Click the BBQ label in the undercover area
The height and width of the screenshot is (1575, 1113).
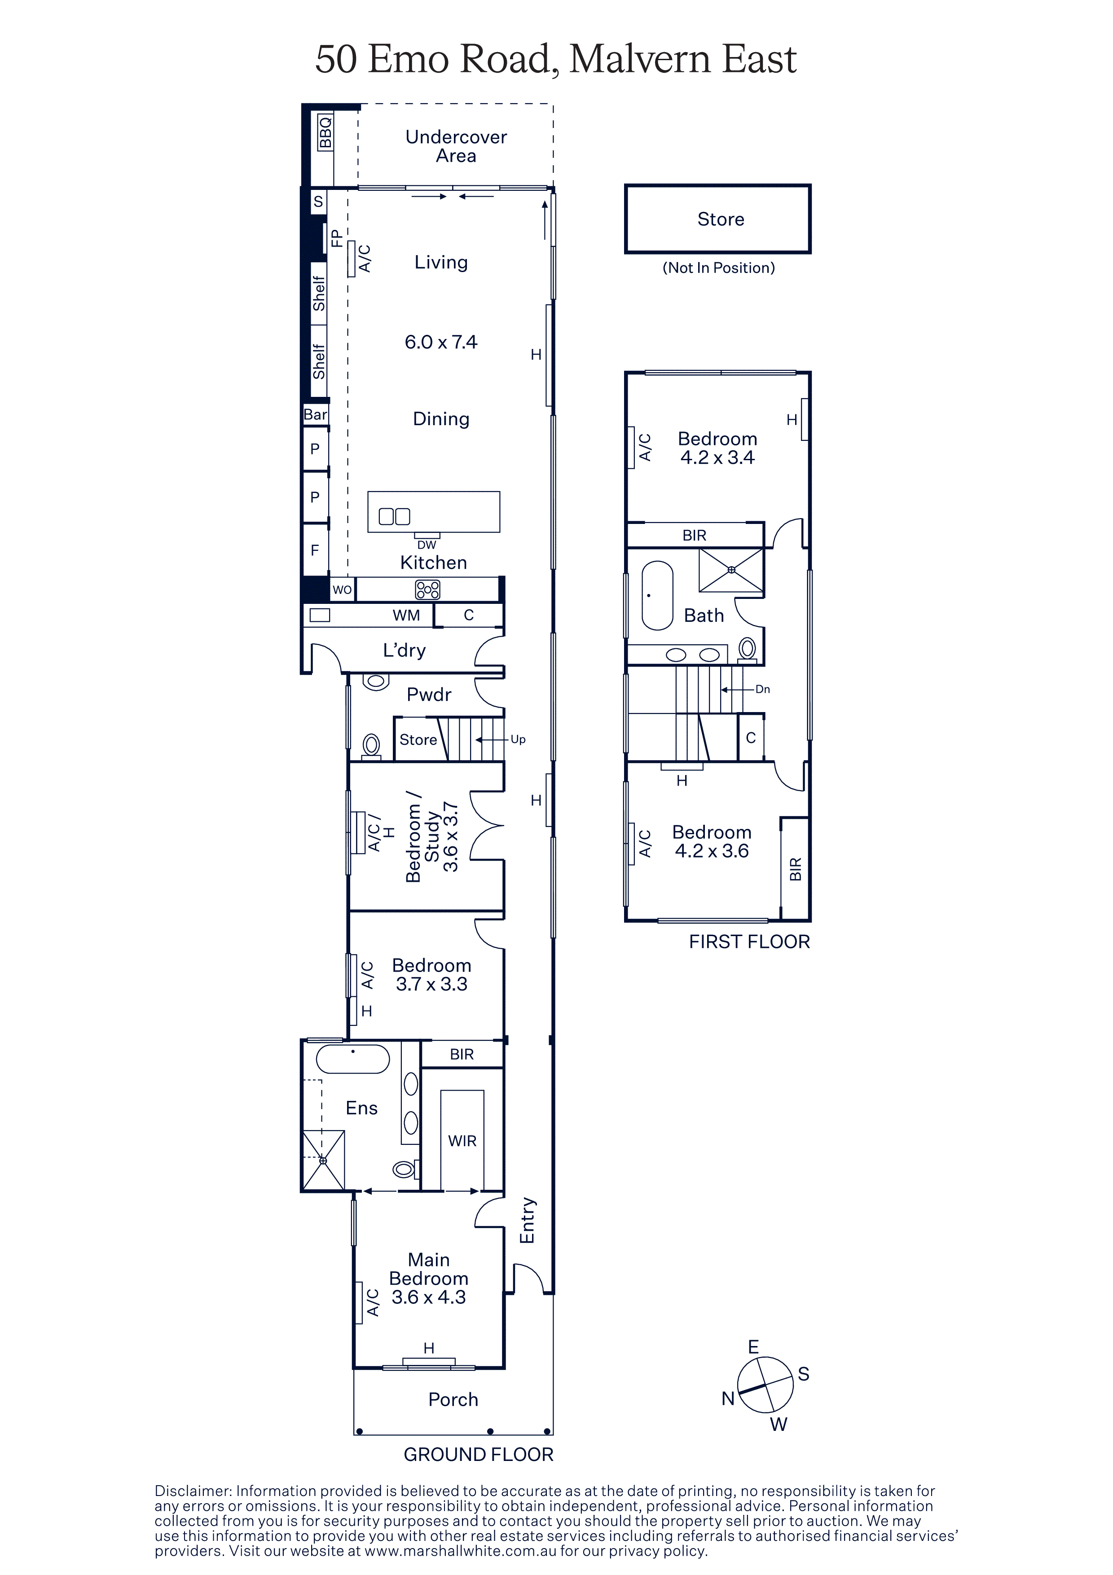coord(325,132)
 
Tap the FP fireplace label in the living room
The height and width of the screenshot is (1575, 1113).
coord(336,238)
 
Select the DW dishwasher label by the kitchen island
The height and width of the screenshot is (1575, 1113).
coord(427,545)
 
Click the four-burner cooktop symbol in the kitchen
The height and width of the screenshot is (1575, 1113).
coord(427,589)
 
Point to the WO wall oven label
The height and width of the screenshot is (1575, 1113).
coord(342,589)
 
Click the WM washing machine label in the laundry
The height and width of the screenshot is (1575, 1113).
coord(406,616)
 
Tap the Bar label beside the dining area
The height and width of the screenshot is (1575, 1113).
coord(316,414)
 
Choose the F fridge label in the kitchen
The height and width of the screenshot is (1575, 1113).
coord(315,550)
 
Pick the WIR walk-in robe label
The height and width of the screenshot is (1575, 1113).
coord(462,1141)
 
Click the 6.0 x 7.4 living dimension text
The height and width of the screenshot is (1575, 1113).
coord(441,342)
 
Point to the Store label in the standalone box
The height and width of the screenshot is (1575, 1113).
coord(721,220)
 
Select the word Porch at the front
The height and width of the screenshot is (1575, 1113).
coord(453,1400)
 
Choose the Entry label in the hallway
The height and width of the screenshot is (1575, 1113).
coord(527,1220)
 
